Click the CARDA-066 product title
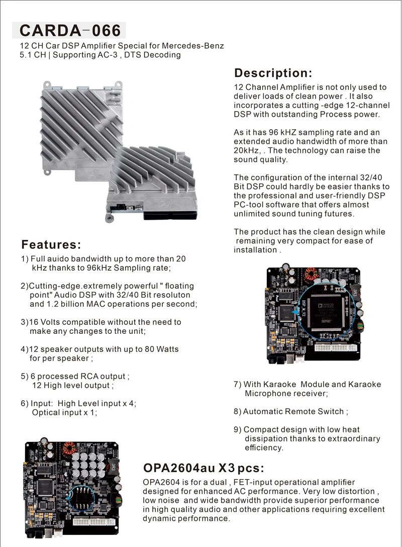pyautogui.click(x=70, y=31)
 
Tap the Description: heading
pyautogui.click(x=273, y=73)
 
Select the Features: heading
pyautogui.click(x=51, y=245)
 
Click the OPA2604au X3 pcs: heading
pyautogui.click(x=204, y=468)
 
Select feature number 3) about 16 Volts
pyautogui.click(x=100, y=326)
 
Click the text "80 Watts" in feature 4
pyautogui.click(x=161, y=349)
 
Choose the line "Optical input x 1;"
pyautogui.click(x=64, y=412)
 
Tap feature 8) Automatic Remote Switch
pyautogui.click(x=291, y=411)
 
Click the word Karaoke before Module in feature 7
pyautogui.click(x=274, y=384)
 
